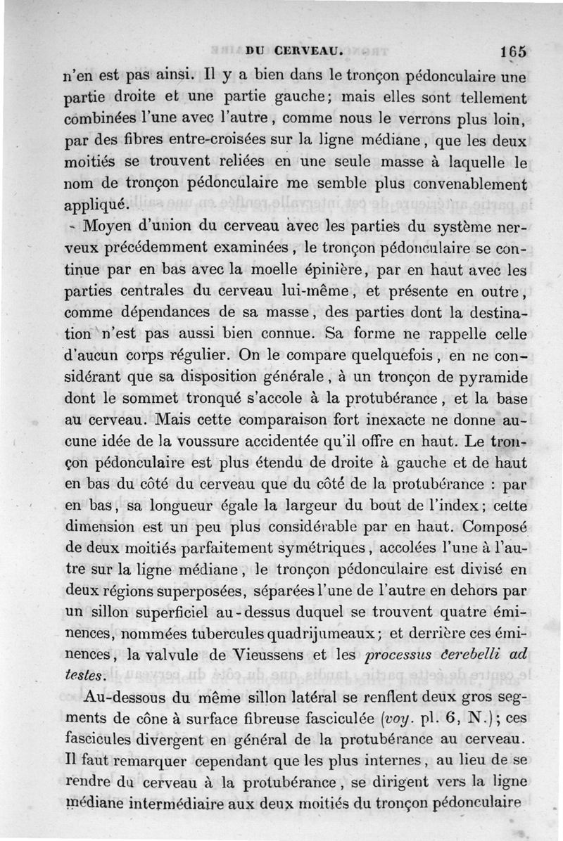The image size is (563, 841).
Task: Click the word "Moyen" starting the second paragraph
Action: click(x=106, y=227)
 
